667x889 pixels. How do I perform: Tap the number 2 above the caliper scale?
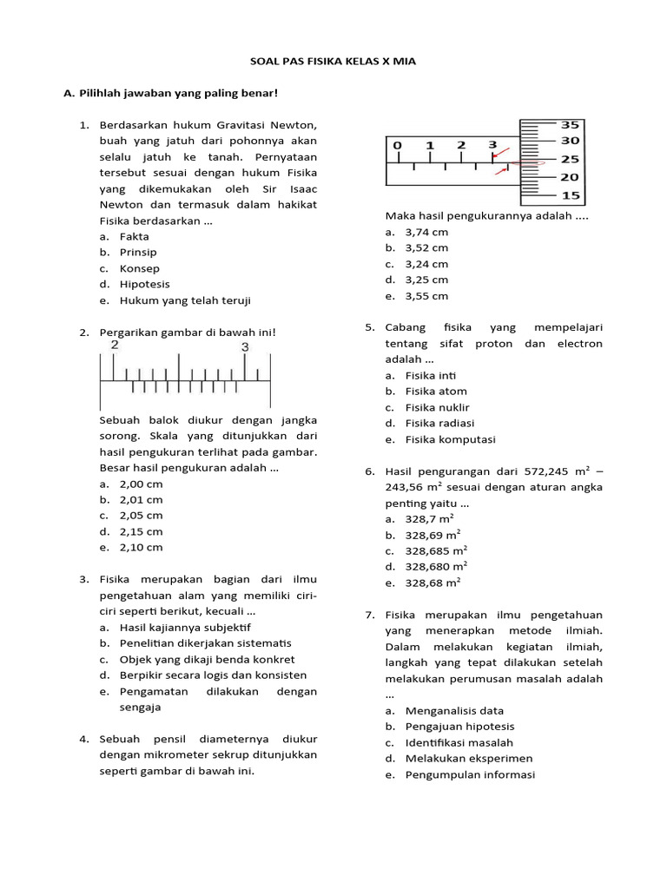[114, 345]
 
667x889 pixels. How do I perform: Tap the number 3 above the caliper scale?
[245, 346]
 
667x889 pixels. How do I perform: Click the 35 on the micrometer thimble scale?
[570, 124]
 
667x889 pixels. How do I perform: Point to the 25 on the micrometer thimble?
[570, 160]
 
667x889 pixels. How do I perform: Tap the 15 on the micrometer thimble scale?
[570, 195]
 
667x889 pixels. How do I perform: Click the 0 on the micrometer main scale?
[397, 145]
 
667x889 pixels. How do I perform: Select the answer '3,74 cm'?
[426, 233]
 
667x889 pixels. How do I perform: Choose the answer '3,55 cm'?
[426, 296]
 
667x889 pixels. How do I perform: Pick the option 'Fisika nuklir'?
[437, 407]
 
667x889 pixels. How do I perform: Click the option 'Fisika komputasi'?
[450, 439]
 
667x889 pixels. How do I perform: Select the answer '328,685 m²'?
[436, 550]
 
